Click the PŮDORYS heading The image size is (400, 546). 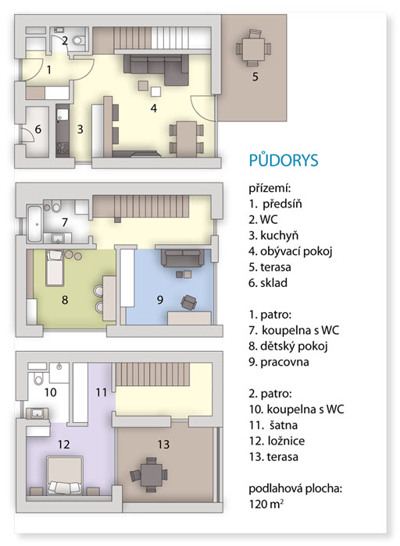point(284,160)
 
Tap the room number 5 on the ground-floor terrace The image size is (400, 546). point(255,76)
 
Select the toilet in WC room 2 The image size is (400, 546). point(78,41)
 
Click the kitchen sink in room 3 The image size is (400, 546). point(63,115)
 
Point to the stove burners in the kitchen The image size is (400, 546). point(62,148)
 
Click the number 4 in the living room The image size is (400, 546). point(154,108)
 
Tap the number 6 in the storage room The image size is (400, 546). point(38,129)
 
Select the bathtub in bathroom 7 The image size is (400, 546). point(34,225)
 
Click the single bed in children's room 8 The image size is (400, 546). point(55,268)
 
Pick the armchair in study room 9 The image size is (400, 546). point(188,302)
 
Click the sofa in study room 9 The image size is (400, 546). point(182,258)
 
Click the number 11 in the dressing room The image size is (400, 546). point(101,393)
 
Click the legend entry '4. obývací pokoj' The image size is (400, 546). point(291,251)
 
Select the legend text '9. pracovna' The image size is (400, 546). point(279,362)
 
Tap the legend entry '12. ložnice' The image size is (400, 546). point(277,441)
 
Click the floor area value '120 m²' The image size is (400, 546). point(266,504)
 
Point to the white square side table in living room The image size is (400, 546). point(156,92)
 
